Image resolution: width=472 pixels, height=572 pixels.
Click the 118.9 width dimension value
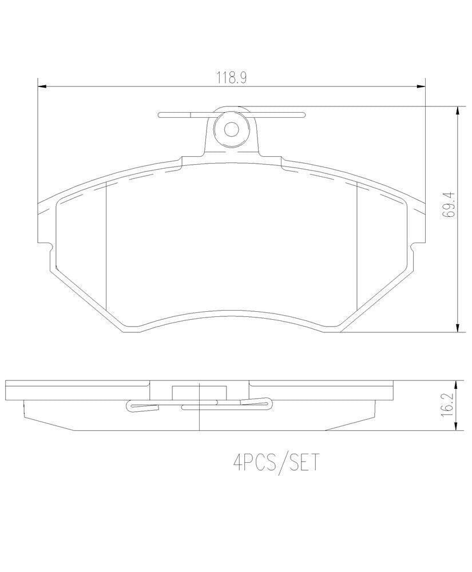[231, 78]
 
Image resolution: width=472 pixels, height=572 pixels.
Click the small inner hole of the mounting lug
[231, 129]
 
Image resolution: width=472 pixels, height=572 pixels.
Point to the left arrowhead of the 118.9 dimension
[41, 87]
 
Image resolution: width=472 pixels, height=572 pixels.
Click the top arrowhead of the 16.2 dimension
[457, 384]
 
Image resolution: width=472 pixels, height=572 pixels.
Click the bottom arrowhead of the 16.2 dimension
[457, 427]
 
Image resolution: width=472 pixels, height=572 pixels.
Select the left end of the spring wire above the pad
[161, 114]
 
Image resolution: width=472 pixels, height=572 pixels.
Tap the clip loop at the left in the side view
[135, 407]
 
